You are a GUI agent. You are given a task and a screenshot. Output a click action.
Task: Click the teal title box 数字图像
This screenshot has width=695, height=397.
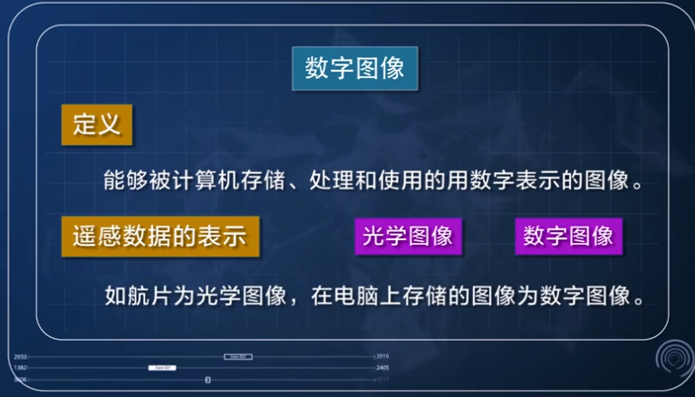click(x=354, y=68)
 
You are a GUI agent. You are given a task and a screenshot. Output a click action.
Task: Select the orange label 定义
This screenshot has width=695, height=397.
click(x=97, y=124)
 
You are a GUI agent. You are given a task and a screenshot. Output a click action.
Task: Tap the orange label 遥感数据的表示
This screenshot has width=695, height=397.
click(x=159, y=236)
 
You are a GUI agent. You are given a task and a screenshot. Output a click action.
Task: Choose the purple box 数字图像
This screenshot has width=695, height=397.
click(x=568, y=236)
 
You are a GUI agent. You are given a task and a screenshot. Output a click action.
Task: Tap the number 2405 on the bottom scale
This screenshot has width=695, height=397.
click(x=382, y=368)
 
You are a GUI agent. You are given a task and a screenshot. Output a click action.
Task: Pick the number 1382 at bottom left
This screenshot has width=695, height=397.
click(x=20, y=368)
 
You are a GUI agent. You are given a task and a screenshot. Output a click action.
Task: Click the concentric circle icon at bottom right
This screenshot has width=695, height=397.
click(x=672, y=360)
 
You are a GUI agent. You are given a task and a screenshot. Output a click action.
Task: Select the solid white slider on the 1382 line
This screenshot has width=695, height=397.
click(x=161, y=368)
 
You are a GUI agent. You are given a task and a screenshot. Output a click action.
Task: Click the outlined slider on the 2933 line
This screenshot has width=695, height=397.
click(x=237, y=357)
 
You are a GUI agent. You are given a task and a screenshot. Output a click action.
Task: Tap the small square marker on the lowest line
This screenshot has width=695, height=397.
click(x=207, y=380)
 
